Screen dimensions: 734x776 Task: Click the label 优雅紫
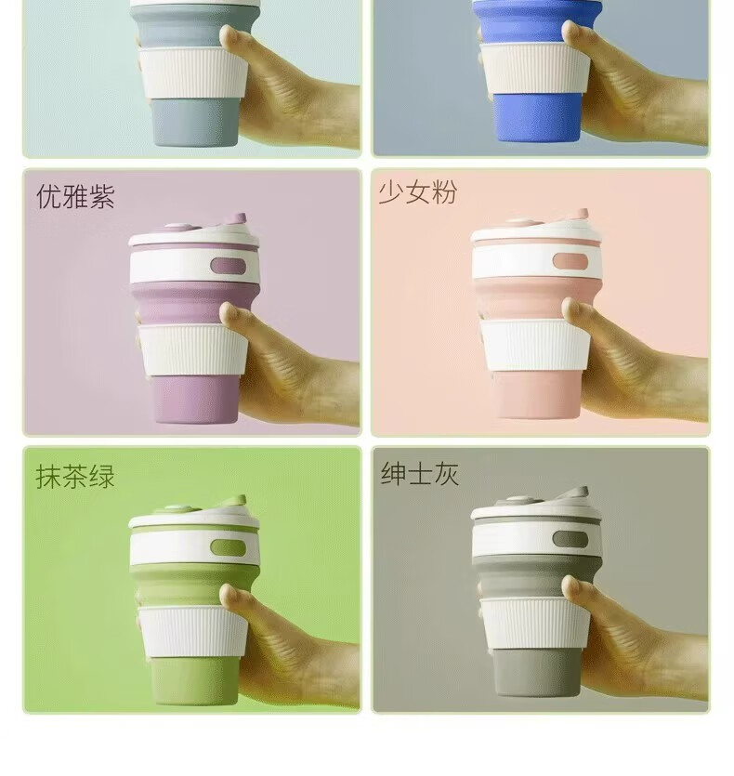pos(76,196)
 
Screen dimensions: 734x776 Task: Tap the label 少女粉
pos(418,191)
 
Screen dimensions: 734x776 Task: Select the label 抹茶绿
pos(75,476)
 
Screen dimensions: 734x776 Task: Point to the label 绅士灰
pos(420,473)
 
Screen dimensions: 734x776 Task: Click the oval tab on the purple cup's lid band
pos(229,266)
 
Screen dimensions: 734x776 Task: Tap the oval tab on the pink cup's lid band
pos(570,261)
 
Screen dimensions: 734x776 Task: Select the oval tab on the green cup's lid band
pos(229,547)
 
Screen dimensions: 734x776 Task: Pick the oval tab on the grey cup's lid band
pos(570,539)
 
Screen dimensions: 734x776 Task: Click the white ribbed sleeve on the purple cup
pos(192,349)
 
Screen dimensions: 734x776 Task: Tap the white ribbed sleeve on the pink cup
pos(535,345)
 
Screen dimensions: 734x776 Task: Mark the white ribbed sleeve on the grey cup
pos(535,624)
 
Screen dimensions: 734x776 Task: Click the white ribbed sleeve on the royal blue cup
pos(535,69)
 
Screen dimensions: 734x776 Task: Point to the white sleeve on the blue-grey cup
pos(192,72)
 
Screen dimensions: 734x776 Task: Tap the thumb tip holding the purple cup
pos(229,313)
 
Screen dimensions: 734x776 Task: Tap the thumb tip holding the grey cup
pos(571,587)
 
